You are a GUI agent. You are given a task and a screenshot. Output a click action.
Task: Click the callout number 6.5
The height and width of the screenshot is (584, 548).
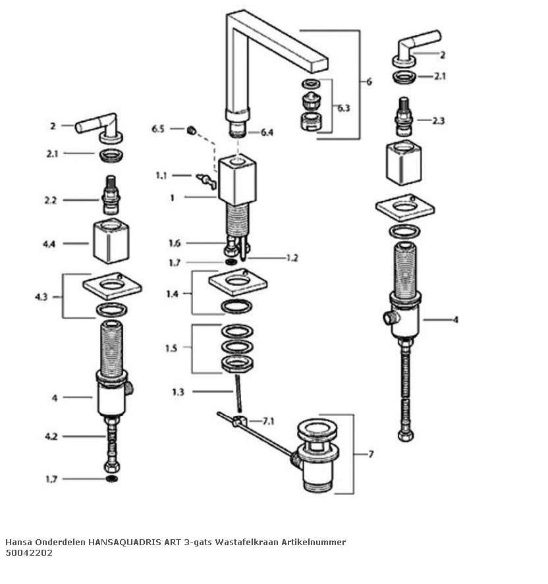click(157, 129)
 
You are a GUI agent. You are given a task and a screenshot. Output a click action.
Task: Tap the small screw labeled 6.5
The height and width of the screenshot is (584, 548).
click(191, 130)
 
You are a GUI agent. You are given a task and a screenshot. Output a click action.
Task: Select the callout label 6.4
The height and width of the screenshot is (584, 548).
click(267, 132)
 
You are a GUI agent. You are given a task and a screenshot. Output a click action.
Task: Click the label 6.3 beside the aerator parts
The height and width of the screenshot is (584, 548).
click(344, 108)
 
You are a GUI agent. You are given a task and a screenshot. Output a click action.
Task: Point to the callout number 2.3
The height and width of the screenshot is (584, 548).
click(439, 120)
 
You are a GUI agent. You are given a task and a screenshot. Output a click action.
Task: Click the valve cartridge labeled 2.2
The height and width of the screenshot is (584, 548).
click(111, 195)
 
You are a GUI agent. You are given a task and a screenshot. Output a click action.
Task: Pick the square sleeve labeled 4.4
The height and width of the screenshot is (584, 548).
click(111, 241)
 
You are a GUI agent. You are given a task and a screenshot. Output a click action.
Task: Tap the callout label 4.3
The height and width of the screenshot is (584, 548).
click(41, 297)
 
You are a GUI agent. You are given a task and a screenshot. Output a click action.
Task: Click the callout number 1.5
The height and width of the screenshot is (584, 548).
click(171, 348)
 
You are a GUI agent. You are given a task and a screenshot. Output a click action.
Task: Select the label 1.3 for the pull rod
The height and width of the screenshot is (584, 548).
click(178, 392)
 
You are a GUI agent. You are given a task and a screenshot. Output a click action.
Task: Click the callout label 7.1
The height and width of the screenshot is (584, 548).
click(268, 421)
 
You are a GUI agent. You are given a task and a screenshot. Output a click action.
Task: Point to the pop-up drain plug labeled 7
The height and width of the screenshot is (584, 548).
click(317, 455)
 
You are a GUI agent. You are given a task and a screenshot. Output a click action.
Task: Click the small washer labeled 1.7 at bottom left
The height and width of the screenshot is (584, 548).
click(112, 479)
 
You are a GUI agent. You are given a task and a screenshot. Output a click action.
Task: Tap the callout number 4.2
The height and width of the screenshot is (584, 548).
click(51, 437)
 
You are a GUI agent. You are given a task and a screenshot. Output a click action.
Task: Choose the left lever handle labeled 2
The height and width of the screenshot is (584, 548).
click(100, 128)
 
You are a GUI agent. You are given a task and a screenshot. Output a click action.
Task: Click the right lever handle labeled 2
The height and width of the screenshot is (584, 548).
click(416, 49)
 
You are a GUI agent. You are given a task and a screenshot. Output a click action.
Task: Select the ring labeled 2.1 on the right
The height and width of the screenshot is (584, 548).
click(404, 77)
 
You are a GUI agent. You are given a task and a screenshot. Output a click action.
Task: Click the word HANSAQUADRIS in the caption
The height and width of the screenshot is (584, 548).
click(124, 542)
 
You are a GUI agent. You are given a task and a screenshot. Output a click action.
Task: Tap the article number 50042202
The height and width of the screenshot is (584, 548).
click(29, 552)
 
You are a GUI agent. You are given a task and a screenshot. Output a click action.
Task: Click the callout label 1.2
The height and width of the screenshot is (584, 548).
click(292, 257)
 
